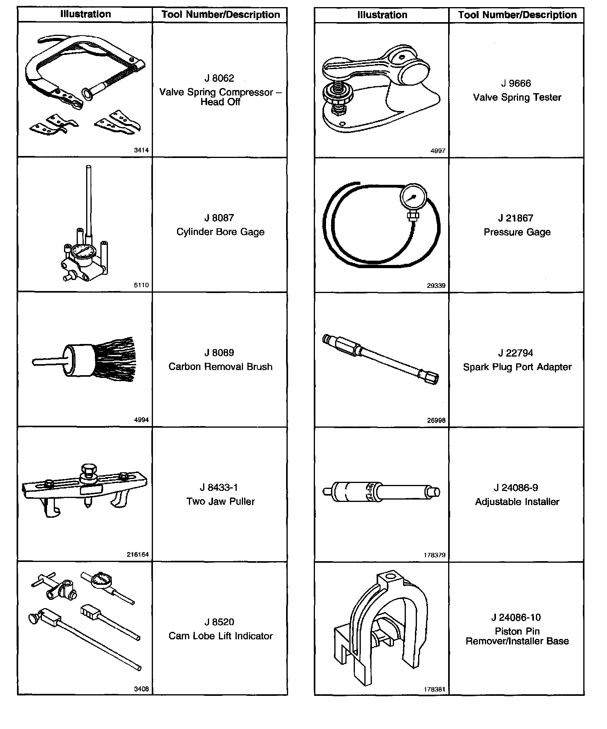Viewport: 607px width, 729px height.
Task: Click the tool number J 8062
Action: point(219,78)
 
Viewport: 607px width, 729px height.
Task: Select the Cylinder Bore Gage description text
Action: point(220,232)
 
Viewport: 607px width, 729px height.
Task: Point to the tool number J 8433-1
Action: point(221,488)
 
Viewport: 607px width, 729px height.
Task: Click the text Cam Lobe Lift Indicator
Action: point(221,636)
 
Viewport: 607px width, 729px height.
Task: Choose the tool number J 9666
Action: point(516,83)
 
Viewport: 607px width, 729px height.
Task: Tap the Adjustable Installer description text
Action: point(517,502)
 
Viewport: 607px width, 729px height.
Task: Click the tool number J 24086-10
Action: point(516,617)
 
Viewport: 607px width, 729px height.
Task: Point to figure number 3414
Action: point(141,150)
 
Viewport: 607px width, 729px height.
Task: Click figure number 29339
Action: point(436,286)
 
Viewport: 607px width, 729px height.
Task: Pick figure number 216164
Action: point(138,554)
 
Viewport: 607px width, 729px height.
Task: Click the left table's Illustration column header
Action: point(85,15)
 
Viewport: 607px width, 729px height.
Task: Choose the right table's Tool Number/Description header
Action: point(517,15)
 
